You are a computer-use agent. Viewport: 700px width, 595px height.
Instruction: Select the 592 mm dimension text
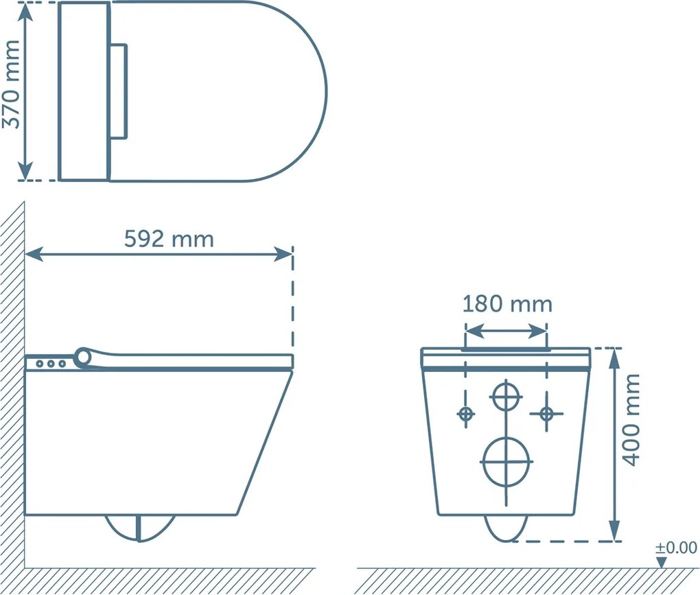pos(169,239)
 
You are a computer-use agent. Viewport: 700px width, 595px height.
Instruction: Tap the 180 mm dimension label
pos(506,304)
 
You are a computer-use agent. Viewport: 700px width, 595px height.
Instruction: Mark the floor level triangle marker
pos(661,562)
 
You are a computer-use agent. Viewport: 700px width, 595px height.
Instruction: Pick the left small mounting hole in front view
pos(466,414)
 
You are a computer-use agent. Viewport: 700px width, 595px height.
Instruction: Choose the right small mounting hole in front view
pos(546,414)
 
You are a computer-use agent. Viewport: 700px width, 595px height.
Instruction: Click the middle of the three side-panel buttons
pos(51,364)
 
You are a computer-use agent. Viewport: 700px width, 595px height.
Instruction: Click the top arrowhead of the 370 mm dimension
pos(25,10)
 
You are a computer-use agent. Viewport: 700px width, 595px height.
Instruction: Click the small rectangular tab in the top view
pos(119,91)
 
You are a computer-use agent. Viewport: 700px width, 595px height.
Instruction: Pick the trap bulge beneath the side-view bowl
pos(139,527)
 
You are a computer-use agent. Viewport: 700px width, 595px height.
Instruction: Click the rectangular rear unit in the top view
pos(84,91)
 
